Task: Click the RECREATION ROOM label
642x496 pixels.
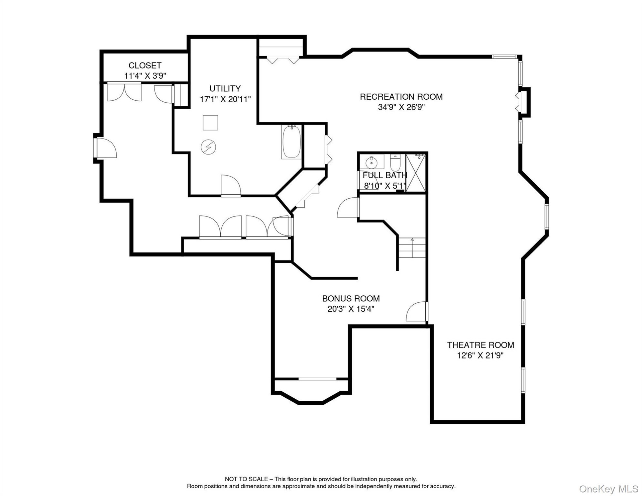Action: tap(401, 97)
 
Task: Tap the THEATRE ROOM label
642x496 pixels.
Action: tap(480, 345)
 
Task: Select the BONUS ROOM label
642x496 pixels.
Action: tap(351, 298)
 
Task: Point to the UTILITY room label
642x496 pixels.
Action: tap(225, 88)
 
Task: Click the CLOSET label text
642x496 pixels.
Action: tap(145, 65)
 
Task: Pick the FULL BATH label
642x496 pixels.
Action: tap(385, 175)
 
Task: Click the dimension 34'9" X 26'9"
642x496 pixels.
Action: tap(401, 107)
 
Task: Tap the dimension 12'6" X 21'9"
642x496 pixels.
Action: tap(480, 355)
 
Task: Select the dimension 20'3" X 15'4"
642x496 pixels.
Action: tap(351, 309)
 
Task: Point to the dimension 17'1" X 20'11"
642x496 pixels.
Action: tap(225, 99)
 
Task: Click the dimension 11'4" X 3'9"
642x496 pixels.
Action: tap(145, 76)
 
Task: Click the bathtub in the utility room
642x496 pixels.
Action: tap(292, 142)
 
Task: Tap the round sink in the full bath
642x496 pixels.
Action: tap(371, 163)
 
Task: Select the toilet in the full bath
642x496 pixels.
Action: tap(395, 163)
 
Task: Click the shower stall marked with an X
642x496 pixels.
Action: tap(416, 173)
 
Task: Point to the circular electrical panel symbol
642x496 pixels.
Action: tap(208, 147)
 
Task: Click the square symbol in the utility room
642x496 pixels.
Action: tap(210, 123)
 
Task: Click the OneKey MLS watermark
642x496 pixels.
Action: tap(609, 489)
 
